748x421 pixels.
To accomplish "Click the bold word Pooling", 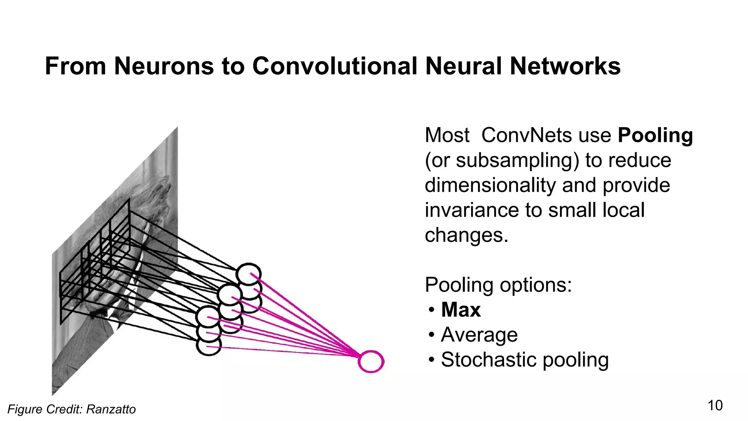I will coord(655,136).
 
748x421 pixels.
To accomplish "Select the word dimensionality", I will coord(490,185).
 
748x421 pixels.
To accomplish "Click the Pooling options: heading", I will coord(498,285).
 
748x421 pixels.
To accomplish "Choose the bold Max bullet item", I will coord(461,310).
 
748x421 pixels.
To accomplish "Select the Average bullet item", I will coord(479,335).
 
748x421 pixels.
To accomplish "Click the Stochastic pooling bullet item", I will coord(524,360).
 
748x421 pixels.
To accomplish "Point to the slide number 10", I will coord(715,406).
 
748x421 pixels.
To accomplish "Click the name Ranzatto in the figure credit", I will coord(111,409).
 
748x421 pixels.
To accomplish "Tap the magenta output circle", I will coord(371,361).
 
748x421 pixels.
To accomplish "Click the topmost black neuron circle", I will coord(248,274).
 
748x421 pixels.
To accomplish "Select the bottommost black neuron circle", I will coord(209,345).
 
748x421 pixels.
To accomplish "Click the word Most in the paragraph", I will coord(447,136).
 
